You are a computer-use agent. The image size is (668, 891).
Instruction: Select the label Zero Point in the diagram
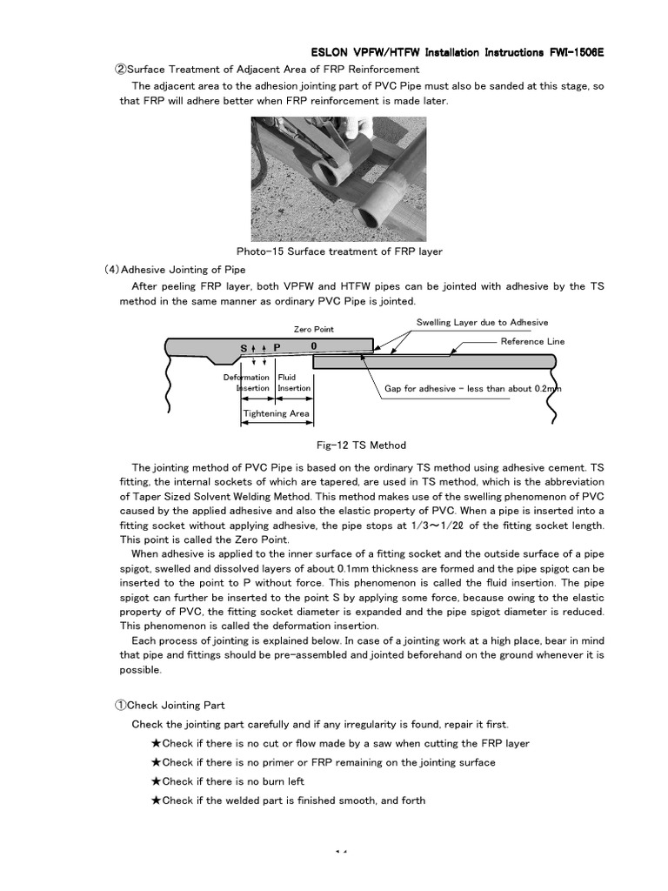click(313, 330)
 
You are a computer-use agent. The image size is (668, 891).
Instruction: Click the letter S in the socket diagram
click(244, 347)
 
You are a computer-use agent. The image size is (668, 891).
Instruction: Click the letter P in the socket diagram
click(277, 347)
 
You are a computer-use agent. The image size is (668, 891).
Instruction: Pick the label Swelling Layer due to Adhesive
click(483, 322)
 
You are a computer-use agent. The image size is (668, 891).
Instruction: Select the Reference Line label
click(532, 341)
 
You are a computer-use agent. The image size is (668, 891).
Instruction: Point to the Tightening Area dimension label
click(276, 413)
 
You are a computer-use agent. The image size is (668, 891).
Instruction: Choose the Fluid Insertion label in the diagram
click(294, 383)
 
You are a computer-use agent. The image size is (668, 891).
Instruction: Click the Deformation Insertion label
click(248, 383)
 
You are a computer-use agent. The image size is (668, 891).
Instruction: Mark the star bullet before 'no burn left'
click(156, 781)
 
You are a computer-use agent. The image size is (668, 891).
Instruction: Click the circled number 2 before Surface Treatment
click(122, 70)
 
